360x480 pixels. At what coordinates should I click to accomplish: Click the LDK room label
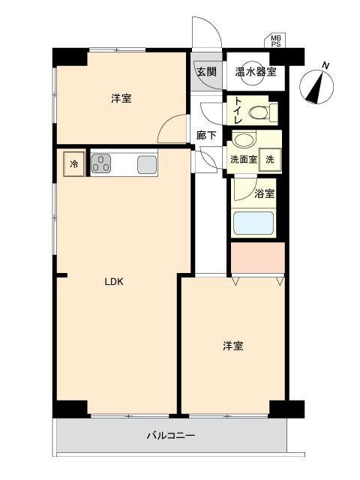113,282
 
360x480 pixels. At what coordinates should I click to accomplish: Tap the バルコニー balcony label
170,436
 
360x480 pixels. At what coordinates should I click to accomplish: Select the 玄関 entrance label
206,72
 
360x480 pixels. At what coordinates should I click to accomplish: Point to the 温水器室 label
256,72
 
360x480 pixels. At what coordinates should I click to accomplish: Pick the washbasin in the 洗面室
243,139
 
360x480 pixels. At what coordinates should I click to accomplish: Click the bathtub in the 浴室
254,223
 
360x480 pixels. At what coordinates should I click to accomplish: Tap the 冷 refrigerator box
74,164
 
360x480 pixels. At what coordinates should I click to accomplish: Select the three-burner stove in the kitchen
103,164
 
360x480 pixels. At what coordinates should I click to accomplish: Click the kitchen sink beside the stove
147,164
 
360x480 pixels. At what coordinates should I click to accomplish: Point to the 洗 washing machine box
271,158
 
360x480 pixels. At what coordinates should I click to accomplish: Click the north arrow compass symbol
317,85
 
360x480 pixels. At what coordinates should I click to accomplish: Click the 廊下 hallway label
206,136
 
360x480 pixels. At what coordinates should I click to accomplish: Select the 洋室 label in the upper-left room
121,99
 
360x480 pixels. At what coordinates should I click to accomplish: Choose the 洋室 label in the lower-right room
232,346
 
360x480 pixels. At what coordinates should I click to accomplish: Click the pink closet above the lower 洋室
257,259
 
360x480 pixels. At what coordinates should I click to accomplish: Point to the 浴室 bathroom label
265,193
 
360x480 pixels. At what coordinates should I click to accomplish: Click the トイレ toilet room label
237,111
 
